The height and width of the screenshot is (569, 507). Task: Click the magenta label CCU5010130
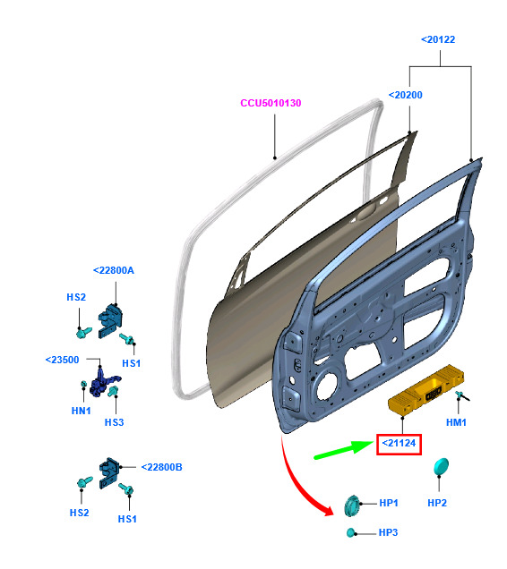click(271, 103)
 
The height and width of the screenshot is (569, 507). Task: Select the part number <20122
click(438, 39)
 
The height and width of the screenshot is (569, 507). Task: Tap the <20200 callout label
click(405, 95)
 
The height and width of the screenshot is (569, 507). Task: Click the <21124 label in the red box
click(399, 443)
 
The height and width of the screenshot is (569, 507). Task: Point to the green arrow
click(343, 450)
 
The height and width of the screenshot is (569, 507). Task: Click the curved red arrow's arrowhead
click(328, 509)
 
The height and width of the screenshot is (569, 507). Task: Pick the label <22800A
click(114, 270)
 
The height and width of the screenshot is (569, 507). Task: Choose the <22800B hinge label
click(162, 467)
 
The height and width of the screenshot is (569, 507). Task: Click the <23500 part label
click(62, 360)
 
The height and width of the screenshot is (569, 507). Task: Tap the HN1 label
click(81, 411)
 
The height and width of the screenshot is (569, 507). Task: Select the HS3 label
click(114, 422)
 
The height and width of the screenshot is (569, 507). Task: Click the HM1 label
click(456, 422)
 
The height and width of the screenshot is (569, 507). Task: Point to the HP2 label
click(437, 503)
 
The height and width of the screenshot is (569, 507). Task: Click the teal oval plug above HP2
click(441, 467)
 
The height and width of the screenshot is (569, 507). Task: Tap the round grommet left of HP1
click(352, 505)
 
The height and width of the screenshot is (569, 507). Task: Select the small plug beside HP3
click(351, 532)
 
